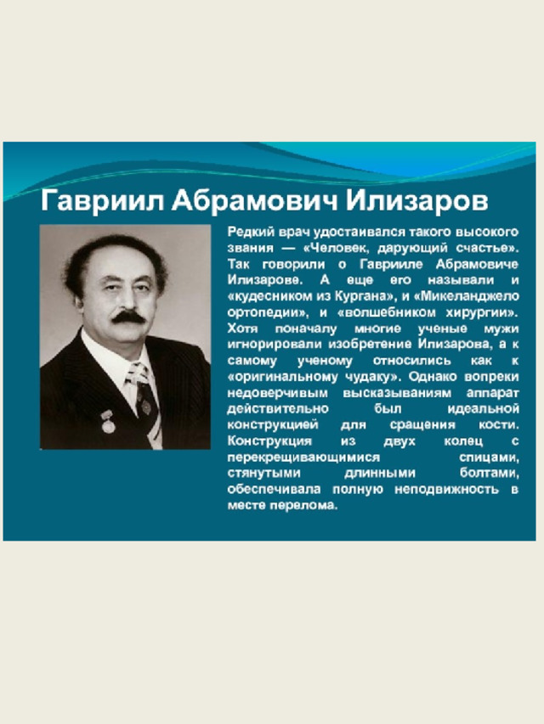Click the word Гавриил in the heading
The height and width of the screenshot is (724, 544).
pos(103,201)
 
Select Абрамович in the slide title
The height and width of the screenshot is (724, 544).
pos(255,201)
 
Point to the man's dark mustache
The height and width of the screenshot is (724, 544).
pos(128,317)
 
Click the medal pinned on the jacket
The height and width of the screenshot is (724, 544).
pos(108,422)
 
